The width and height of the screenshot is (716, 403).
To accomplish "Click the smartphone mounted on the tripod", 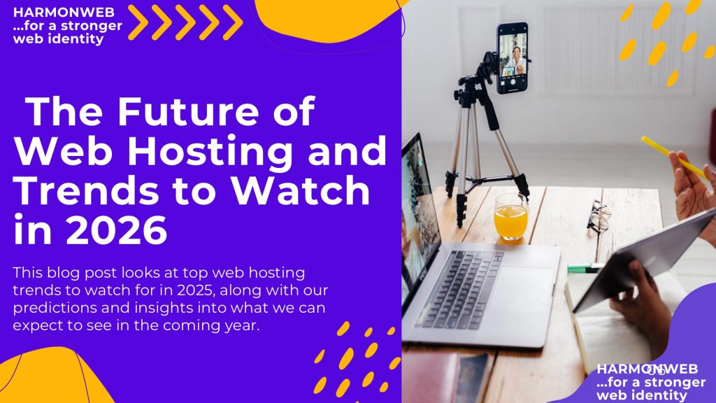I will point(513,57).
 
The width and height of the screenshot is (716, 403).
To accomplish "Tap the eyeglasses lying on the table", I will point(598,215).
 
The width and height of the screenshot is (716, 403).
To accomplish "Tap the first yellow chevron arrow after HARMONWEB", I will point(140,22).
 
